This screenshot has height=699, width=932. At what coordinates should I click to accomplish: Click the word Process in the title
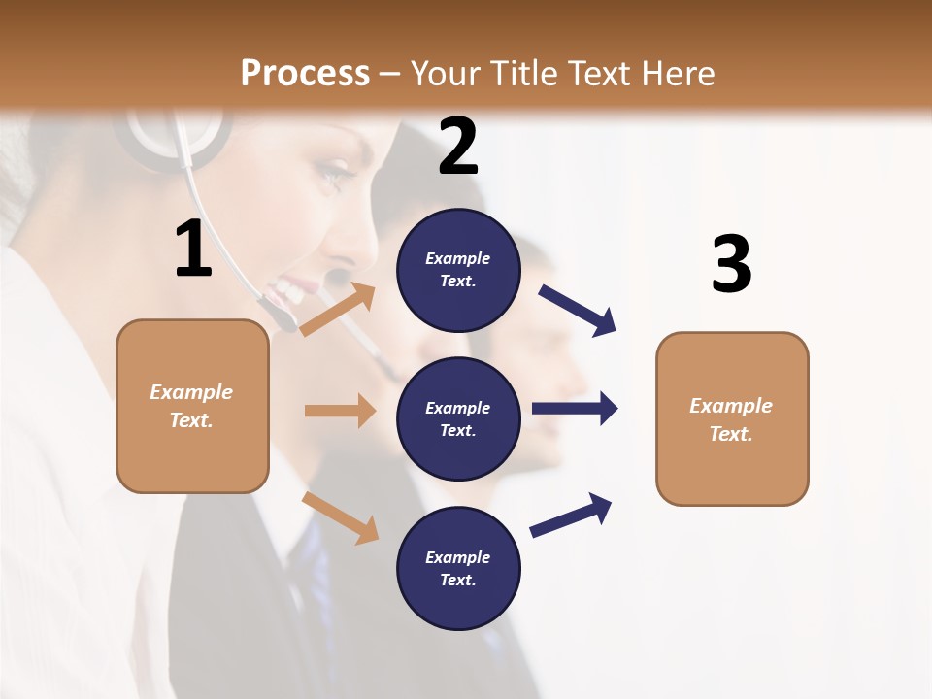tap(305, 73)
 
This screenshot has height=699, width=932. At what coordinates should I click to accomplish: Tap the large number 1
tap(193, 250)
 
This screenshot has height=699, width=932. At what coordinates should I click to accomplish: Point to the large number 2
tap(458, 147)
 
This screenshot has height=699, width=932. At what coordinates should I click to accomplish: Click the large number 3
tap(731, 265)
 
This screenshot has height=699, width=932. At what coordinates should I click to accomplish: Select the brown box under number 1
tap(192, 406)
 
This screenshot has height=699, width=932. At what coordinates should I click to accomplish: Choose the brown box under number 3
tap(732, 418)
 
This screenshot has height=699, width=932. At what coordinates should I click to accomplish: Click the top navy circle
tap(458, 270)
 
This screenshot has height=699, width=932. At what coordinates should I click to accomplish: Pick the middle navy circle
tap(458, 418)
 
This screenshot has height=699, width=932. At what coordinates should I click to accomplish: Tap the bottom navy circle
tap(458, 568)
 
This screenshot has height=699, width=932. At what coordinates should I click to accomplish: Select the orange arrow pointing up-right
tap(339, 309)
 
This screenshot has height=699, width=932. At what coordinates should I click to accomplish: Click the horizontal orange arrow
tap(340, 411)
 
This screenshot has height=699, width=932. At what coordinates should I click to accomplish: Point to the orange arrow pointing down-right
tap(341, 517)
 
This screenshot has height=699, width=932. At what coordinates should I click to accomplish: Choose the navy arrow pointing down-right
tap(578, 311)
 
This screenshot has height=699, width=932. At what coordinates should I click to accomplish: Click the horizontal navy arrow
tap(575, 408)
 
